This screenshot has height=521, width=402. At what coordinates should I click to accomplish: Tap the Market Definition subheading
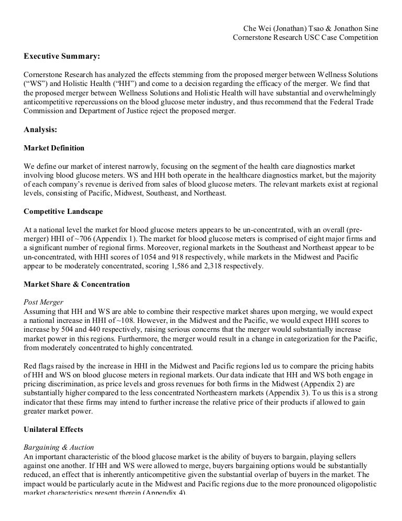pos(54,148)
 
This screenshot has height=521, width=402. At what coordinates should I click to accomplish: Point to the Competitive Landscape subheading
pos(63,212)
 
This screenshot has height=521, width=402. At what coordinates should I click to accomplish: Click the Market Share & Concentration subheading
pos(77,284)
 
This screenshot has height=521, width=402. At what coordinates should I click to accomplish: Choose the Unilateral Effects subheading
pos(53,429)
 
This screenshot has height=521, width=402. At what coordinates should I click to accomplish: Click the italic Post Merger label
pos(43,302)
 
